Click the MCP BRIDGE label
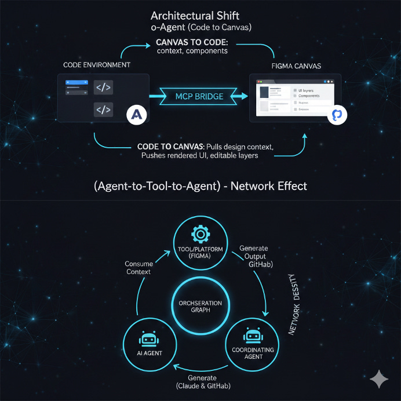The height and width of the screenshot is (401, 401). pyautogui.click(x=199, y=96)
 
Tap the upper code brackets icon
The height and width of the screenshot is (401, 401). pyautogui.click(x=103, y=88)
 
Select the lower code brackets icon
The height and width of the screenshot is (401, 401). pyautogui.click(x=103, y=109)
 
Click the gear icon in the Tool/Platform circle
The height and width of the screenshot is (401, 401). pyautogui.click(x=200, y=235)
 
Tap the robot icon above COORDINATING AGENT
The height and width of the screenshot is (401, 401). pyautogui.click(x=252, y=334)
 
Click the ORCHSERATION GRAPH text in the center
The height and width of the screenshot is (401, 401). pyautogui.click(x=199, y=306)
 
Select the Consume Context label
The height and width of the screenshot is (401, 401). pyautogui.click(x=138, y=268)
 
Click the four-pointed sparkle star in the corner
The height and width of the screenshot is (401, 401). pyautogui.click(x=379, y=379)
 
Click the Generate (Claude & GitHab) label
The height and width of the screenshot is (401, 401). pyautogui.click(x=202, y=382)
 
